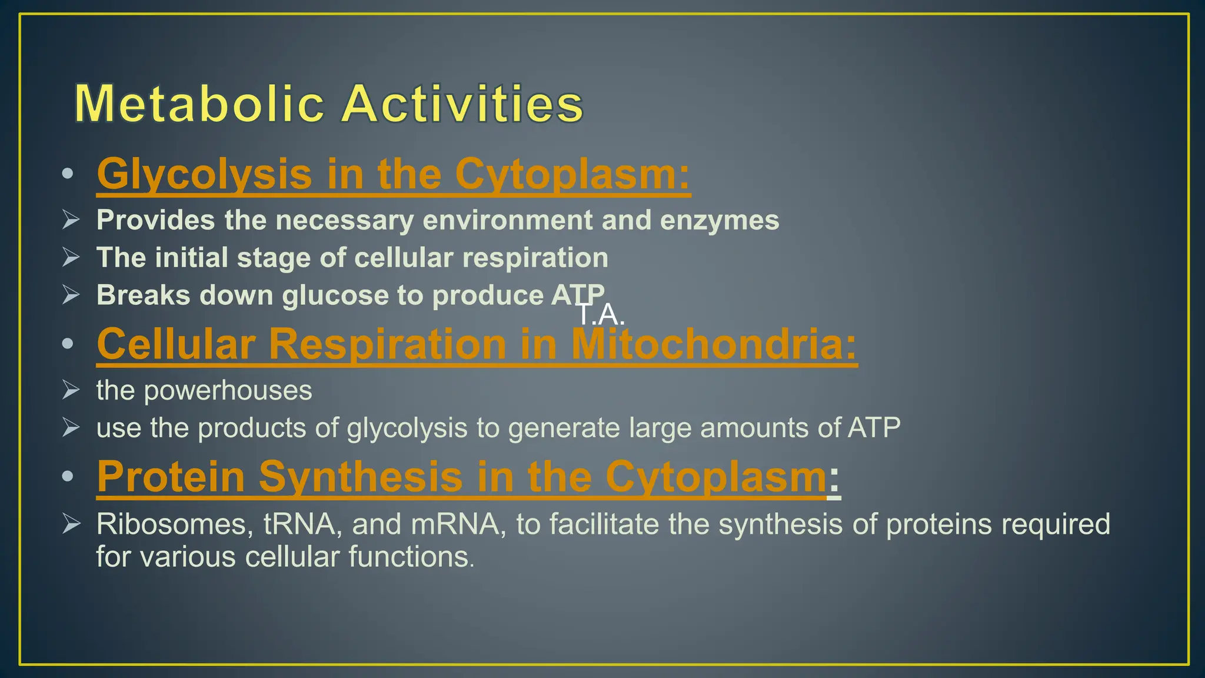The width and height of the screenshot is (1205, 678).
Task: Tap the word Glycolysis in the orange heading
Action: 204,175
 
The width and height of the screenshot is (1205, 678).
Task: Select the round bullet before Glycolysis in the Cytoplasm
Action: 68,174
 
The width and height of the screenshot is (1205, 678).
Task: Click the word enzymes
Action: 719,220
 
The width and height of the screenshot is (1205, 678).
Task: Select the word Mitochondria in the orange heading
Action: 714,344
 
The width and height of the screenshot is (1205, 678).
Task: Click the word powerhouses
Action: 228,391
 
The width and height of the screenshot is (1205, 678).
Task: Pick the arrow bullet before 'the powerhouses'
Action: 71,390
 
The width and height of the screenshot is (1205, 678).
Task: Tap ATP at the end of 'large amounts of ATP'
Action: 873,428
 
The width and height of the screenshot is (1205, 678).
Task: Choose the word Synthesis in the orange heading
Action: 360,477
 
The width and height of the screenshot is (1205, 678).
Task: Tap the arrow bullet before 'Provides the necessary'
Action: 71,220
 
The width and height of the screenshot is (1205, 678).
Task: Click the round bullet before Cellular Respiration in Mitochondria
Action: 68,343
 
